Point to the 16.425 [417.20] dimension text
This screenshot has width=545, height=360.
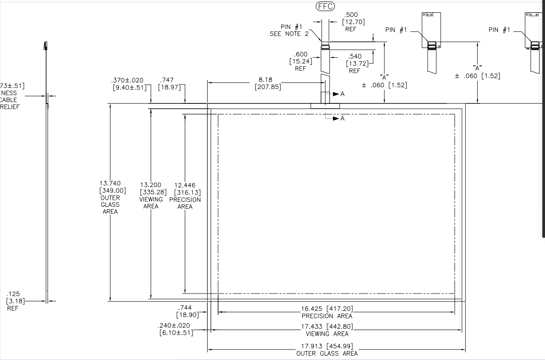pyautogui.click(x=327, y=309)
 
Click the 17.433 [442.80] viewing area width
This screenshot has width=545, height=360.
pyautogui.click(x=327, y=327)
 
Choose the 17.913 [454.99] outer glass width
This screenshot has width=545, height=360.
pyautogui.click(x=327, y=346)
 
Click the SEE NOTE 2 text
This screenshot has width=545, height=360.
pyautogui.click(x=289, y=34)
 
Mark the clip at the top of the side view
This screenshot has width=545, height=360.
pyautogui.click(x=45, y=45)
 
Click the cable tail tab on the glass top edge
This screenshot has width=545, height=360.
pyautogui.click(x=325, y=106)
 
